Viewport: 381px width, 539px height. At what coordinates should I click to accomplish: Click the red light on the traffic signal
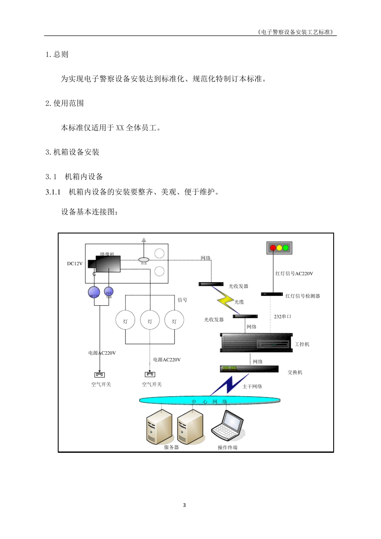tap(273, 248)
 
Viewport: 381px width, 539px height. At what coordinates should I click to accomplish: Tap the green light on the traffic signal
tap(286, 248)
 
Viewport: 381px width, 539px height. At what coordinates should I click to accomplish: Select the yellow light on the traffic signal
tap(279, 248)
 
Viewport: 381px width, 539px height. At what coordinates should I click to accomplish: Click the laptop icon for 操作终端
tap(228, 426)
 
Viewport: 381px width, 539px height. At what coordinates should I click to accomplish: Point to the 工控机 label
tap(302, 344)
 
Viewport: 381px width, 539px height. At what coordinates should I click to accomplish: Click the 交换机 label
tap(295, 373)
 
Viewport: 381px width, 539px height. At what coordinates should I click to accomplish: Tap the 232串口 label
tap(282, 317)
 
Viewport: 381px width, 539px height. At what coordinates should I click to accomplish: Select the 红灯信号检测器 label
tap(303, 296)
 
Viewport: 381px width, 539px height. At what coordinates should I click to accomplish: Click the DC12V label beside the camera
tap(75, 264)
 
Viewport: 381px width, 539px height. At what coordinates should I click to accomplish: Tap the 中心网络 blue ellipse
tap(209, 400)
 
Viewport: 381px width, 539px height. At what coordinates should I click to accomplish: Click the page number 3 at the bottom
tap(184, 505)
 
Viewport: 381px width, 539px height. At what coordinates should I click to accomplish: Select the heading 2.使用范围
tap(65, 103)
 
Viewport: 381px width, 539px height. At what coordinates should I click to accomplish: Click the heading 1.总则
tap(57, 55)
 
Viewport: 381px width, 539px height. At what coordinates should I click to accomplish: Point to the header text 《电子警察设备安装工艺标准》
tap(296, 32)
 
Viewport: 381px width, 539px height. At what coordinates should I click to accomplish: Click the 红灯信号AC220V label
tap(294, 274)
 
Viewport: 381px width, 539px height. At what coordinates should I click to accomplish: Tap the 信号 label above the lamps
tap(182, 300)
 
